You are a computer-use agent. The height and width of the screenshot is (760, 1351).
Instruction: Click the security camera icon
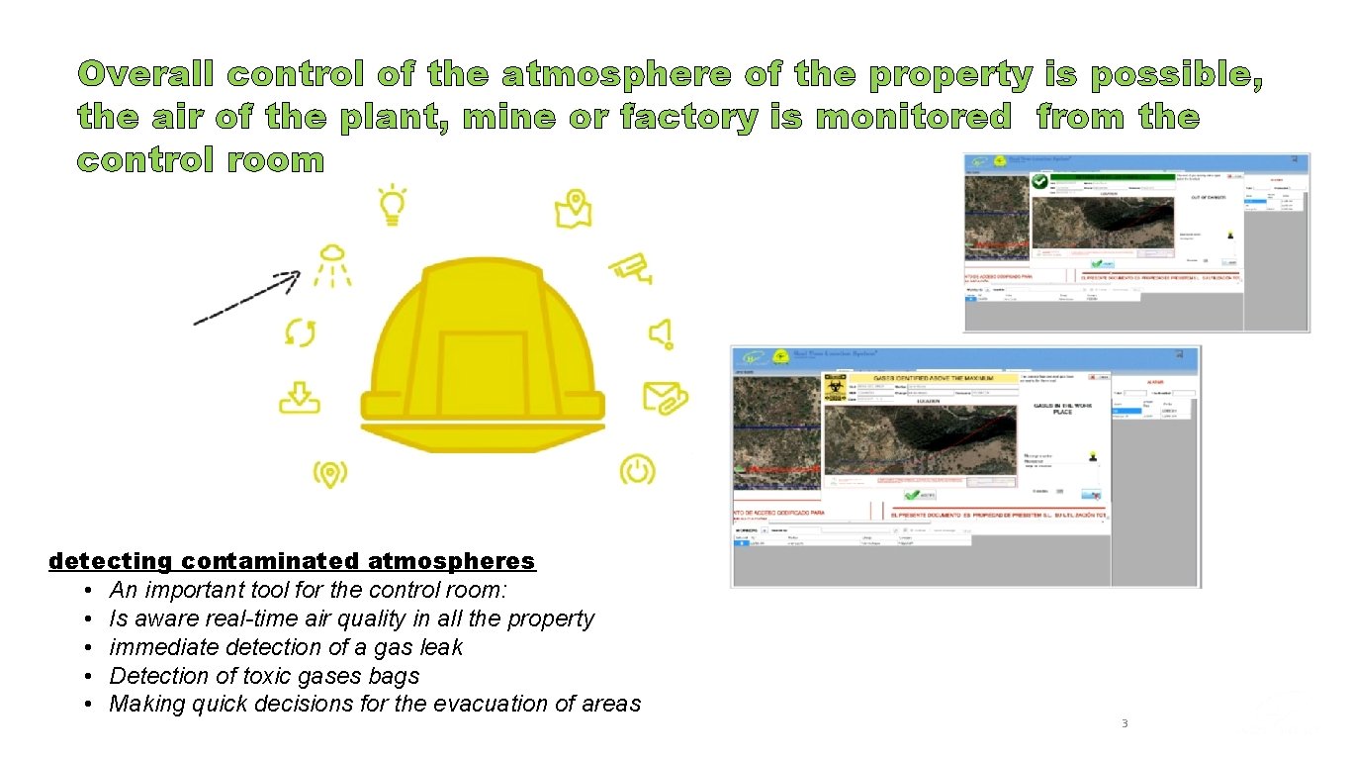click(x=632, y=267)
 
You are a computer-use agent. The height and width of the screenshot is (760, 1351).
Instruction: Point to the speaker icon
click(x=661, y=333)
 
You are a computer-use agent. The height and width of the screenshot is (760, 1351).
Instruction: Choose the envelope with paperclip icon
click(x=665, y=397)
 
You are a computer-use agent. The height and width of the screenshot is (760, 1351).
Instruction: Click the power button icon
click(x=637, y=468)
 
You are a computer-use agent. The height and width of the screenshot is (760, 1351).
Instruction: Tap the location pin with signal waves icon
click(x=329, y=474)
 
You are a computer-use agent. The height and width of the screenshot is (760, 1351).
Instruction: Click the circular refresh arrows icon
click(x=300, y=332)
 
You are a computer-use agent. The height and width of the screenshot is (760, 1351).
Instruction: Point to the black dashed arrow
click(x=246, y=298)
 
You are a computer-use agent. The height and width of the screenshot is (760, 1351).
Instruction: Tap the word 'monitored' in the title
click(x=909, y=118)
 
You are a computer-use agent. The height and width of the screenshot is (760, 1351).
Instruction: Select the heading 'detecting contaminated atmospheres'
click(x=292, y=561)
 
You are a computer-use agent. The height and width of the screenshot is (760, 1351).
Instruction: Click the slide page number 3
click(x=1125, y=723)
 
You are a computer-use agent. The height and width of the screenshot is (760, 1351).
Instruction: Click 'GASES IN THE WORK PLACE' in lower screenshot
click(x=1061, y=409)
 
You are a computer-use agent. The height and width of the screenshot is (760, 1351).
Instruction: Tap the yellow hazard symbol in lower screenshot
click(x=835, y=388)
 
